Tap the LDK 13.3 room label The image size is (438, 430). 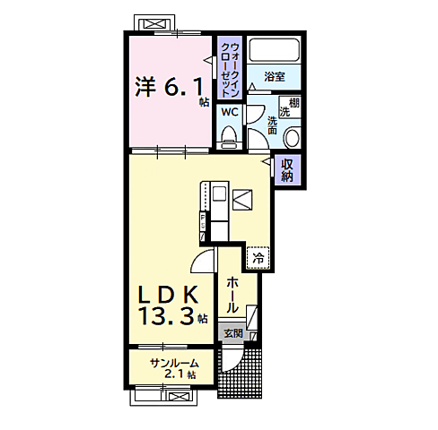(x=172, y=305)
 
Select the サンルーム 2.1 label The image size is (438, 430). (x=174, y=368)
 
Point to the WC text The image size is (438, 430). (x=230, y=112)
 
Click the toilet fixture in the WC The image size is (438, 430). (x=229, y=136)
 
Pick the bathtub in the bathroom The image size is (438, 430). (x=274, y=50)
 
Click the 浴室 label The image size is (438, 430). (x=275, y=77)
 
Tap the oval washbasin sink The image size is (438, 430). (x=292, y=137)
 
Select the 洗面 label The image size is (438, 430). (x=272, y=125)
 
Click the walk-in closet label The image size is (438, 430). (x=229, y=70)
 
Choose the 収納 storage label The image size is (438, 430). (x=286, y=170)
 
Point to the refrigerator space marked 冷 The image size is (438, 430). (x=258, y=258)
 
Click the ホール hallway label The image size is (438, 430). (x=232, y=295)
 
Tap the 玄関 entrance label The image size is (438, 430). (x=233, y=333)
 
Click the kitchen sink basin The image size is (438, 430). (x=219, y=193)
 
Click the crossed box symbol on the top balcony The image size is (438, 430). (x=155, y=23)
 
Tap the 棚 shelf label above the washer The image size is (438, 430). (x=293, y=103)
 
